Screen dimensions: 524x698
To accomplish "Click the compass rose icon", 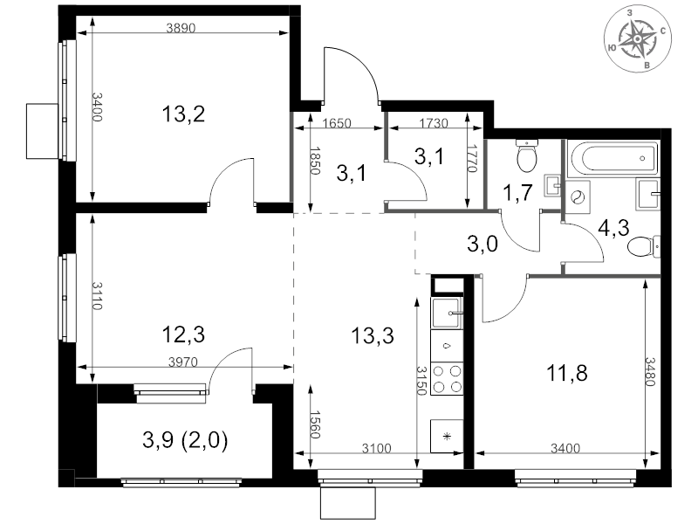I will pyautogui.click(x=640, y=38).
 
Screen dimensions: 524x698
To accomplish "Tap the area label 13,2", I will pyautogui.click(x=183, y=114).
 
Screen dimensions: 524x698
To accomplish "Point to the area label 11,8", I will pyautogui.click(x=566, y=374).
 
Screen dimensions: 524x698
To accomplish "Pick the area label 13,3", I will pyautogui.click(x=372, y=334).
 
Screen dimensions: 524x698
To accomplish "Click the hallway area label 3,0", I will pyautogui.click(x=482, y=245).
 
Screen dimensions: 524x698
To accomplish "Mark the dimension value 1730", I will pyautogui.click(x=434, y=124).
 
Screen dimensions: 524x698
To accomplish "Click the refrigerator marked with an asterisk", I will pyautogui.click(x=448, y=435).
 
